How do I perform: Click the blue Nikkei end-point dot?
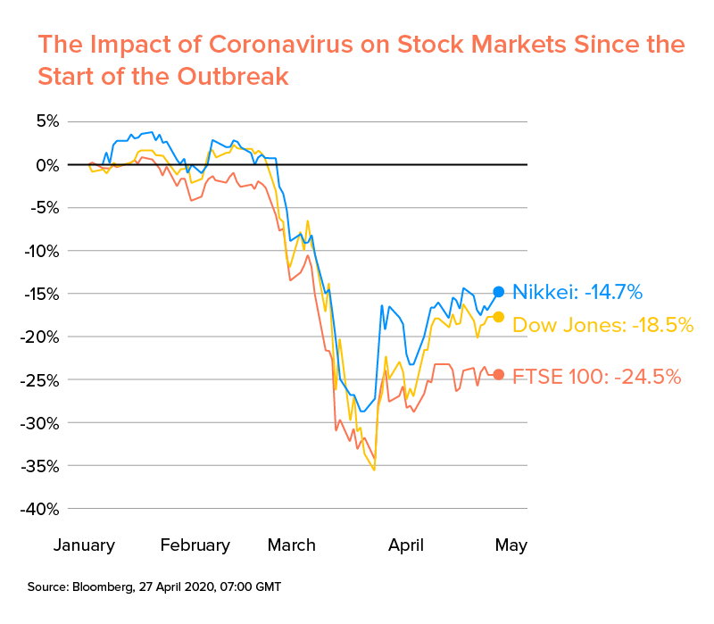[499, 291]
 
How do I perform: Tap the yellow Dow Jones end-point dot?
[499, 317]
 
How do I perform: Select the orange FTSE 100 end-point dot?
[499, 375]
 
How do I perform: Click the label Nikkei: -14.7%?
[577, 292]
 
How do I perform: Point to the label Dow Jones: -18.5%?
[602, 325]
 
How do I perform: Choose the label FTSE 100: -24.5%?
[597, 377]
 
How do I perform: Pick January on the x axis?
[85, 545]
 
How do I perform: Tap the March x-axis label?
[291, 545]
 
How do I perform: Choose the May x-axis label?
[511, 545]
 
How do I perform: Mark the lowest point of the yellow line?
[374, 470]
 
